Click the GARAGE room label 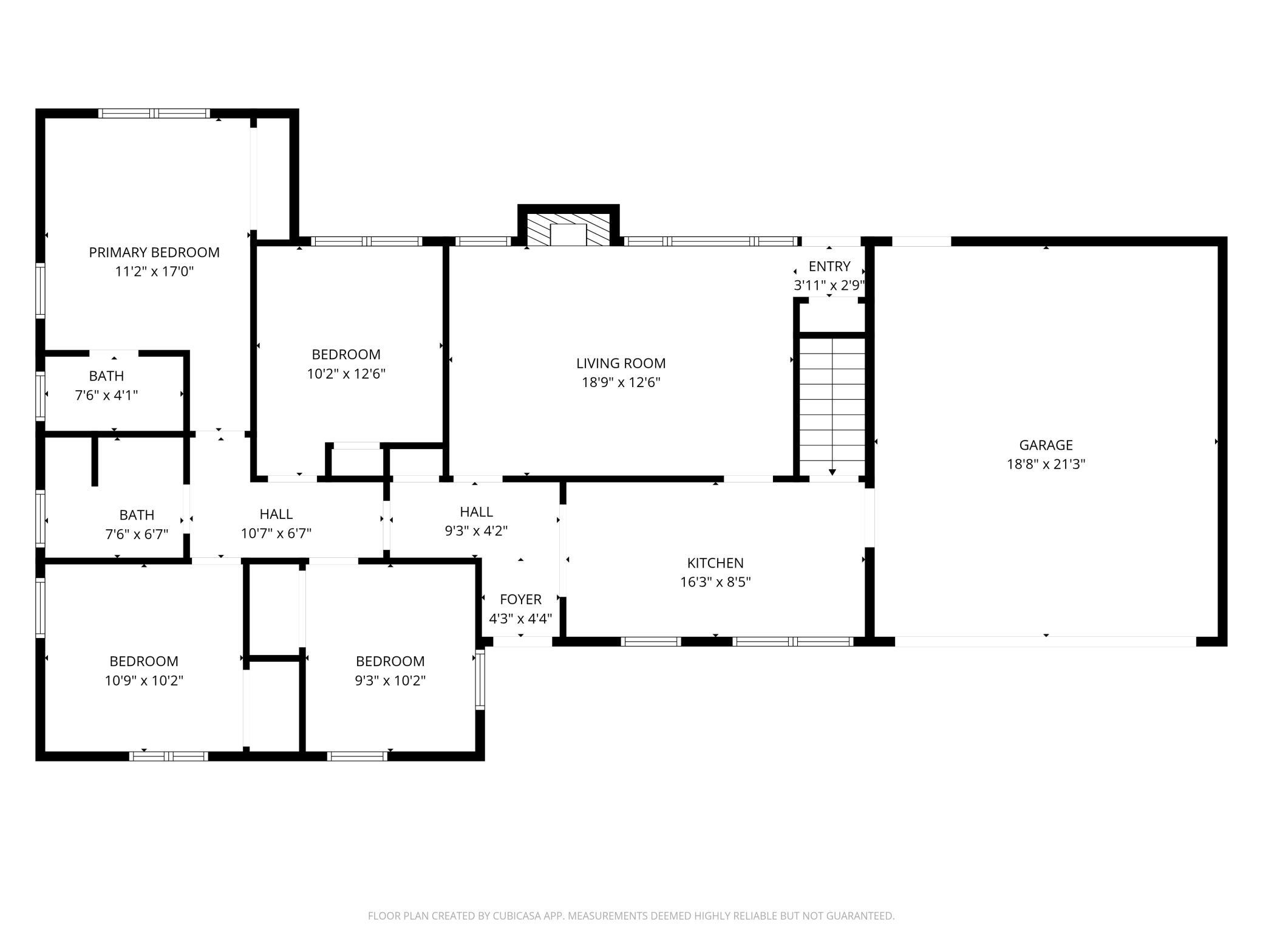click(1046, 445)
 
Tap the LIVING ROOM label click(621, 363)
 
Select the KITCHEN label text click(715, 563)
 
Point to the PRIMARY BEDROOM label click(154, 252)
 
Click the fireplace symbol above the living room click(568, 230)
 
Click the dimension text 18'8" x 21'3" click(1046, 464)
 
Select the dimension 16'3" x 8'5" click(715, 582)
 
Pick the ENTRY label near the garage click(829, 266)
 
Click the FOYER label click(520, 600)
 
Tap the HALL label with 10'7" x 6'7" click(276, 514)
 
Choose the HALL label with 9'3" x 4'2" click(477, 512)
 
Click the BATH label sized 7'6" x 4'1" click(106, 376)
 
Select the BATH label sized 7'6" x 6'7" click(137, 515)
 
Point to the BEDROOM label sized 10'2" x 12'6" click(346, 354)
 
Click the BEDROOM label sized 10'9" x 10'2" click(144, 661)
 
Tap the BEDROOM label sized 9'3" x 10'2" click(390, 661)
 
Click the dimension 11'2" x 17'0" click(154, 272)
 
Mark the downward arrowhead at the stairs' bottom click(832, 472)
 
